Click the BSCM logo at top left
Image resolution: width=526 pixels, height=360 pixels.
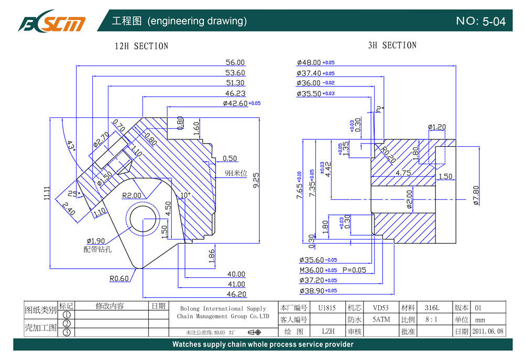coord(51,21)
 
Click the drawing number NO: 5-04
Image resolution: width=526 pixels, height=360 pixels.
coord(480,21)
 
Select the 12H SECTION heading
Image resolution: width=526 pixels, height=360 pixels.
coord(141,46)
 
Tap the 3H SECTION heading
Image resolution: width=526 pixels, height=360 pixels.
coord(392,46)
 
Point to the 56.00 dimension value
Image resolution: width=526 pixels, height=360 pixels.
coord(235,62)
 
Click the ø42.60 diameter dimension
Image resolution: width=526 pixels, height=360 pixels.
coord(235,103)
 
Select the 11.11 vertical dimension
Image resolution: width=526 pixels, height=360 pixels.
coord(47,193)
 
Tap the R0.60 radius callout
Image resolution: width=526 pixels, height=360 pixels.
coord(119,278)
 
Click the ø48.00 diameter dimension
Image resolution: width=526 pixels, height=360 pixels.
coord(309,62)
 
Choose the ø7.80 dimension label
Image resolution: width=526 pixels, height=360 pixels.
coord(476,195)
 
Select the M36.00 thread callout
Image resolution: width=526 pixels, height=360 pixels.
coord(311,270)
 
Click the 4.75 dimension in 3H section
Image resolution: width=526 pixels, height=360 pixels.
coord(403,172)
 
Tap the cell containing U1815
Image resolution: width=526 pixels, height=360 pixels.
coord(327,308)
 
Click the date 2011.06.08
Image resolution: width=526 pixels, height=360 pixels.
coord(488,331)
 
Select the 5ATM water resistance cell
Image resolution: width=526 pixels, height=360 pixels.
coord(381,319)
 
